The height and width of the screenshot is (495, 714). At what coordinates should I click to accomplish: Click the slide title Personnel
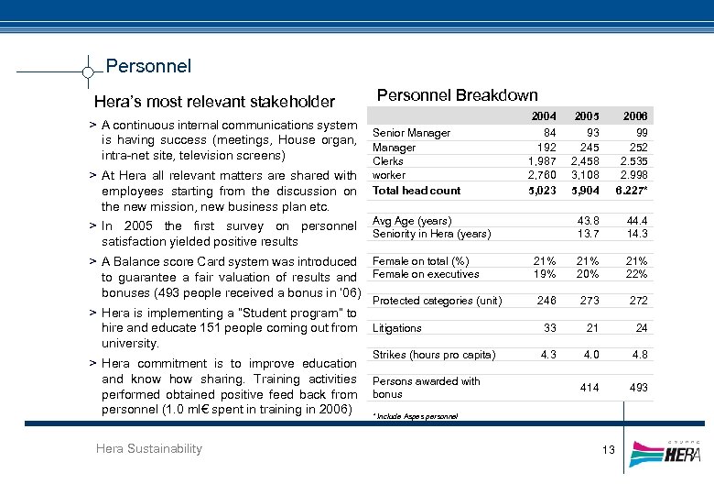coord(148,66)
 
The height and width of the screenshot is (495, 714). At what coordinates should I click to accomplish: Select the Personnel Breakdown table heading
coord(457,94)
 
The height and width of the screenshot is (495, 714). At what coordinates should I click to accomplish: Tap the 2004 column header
coord(544,116)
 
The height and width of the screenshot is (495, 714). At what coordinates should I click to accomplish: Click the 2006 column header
coord(634,116)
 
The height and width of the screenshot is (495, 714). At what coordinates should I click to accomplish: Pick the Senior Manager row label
coord(411,133)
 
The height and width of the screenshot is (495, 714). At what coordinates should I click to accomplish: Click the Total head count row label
coord(416,191)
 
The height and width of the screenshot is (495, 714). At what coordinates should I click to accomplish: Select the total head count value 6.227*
coord(632,191)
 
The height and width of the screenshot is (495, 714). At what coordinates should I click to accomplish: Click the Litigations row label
coord(397,328)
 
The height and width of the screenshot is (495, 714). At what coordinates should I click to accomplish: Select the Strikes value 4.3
coord(548,355)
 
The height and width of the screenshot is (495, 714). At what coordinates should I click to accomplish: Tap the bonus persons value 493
coord(638,388)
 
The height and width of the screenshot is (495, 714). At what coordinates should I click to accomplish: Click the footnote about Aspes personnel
coord(415,416)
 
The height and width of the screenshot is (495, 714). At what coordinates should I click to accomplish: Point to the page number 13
coord(609,449)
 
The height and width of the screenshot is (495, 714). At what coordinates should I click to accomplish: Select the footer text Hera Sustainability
coord(148,448)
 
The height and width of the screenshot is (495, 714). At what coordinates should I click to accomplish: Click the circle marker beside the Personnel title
coord(87,71)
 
